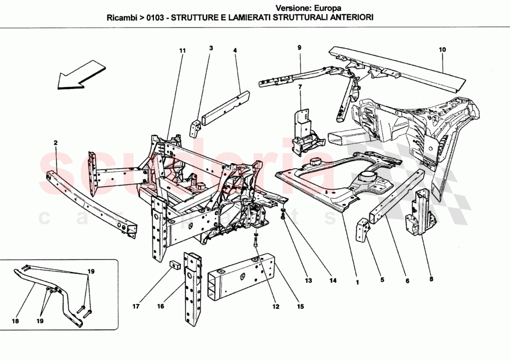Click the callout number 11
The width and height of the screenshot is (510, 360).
coord(182,50)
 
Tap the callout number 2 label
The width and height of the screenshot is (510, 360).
coord(55,143)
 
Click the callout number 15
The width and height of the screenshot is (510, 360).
coord(300,307)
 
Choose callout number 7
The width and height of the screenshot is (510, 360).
coord(300,87)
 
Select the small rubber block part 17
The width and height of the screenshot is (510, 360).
coord(176,265)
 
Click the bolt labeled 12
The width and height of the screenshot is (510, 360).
coord(255,241)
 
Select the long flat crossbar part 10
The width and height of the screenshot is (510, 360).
coord(399,69)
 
